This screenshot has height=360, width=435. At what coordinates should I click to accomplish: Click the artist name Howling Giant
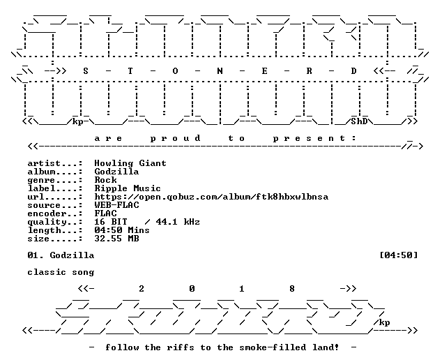(x=130, y=163)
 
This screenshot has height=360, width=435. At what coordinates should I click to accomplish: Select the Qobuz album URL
(x=211, y=197)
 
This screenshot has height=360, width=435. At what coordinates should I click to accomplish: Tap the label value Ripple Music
(x=128, y=188)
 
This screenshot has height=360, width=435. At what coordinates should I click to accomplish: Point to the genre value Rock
(x=105, y=180)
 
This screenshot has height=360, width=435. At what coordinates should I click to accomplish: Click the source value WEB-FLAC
(x=116, y=205)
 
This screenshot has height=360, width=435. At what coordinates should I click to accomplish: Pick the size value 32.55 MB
(x=116, y=239)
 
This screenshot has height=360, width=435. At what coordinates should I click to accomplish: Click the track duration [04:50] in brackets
(x=398, y=255)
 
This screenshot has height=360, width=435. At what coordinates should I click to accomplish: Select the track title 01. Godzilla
(x=61, y=255)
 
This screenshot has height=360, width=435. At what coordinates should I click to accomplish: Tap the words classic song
(x=61, y=272)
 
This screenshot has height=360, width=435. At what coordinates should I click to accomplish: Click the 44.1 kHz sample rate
(x=178, y=222)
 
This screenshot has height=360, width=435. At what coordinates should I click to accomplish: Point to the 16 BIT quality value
(x=111, y=222)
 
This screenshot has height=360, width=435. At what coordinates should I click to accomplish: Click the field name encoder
(x=47, y=213)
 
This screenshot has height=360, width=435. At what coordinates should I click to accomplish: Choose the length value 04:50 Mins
(x=122, y=230)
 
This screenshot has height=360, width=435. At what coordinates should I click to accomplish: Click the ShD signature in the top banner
(x=359, y=121)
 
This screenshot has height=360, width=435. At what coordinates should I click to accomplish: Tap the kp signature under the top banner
(x=77, y=122)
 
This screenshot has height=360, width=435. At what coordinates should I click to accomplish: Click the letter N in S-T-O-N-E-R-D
(x=220, y=71)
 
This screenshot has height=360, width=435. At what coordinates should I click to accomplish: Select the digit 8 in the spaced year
(x=292, y=289)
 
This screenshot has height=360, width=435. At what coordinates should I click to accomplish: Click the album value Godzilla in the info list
(x=116, y=172)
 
